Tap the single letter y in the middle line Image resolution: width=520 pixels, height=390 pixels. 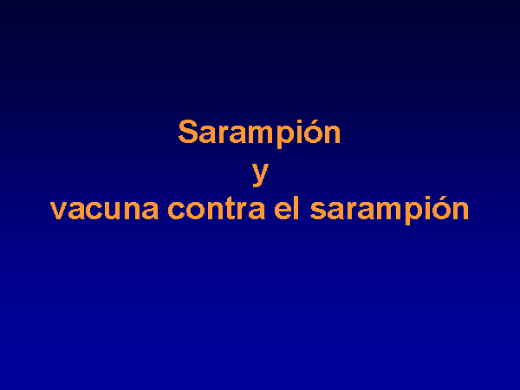(x=260, y=173)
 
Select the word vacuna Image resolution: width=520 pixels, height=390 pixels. (x=105, y=210)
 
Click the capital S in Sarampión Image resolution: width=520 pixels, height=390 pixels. (x=188, y=132)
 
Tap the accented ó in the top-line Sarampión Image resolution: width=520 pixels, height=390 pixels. (x=312, y=132)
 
